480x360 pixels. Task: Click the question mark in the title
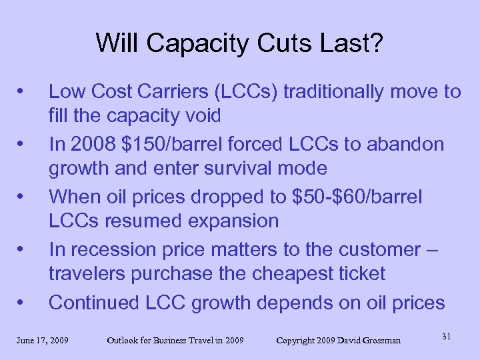click(378, 43)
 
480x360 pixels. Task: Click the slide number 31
click(446, 337)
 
